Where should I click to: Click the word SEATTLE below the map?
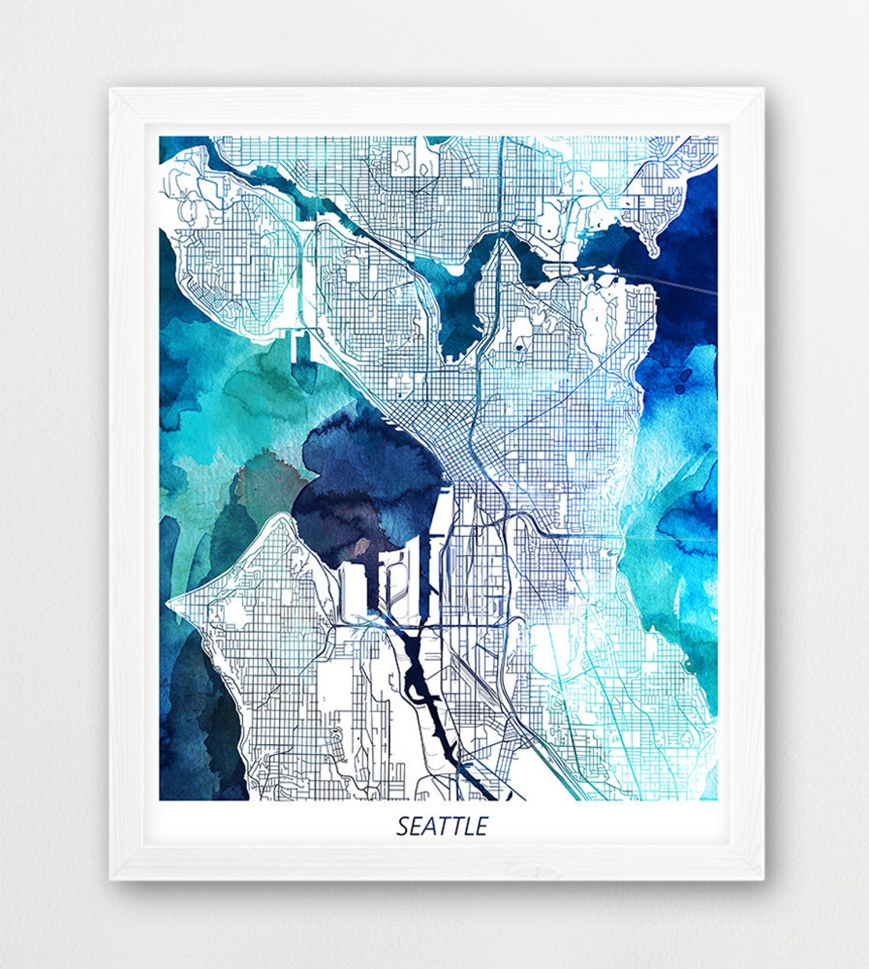click(441, 826)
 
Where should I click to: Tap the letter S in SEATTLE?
click(402, 826)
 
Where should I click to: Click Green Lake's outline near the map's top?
click(402, 158)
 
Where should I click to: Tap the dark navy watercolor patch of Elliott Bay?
click(358, 480)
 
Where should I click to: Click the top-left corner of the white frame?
click(111, 89)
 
